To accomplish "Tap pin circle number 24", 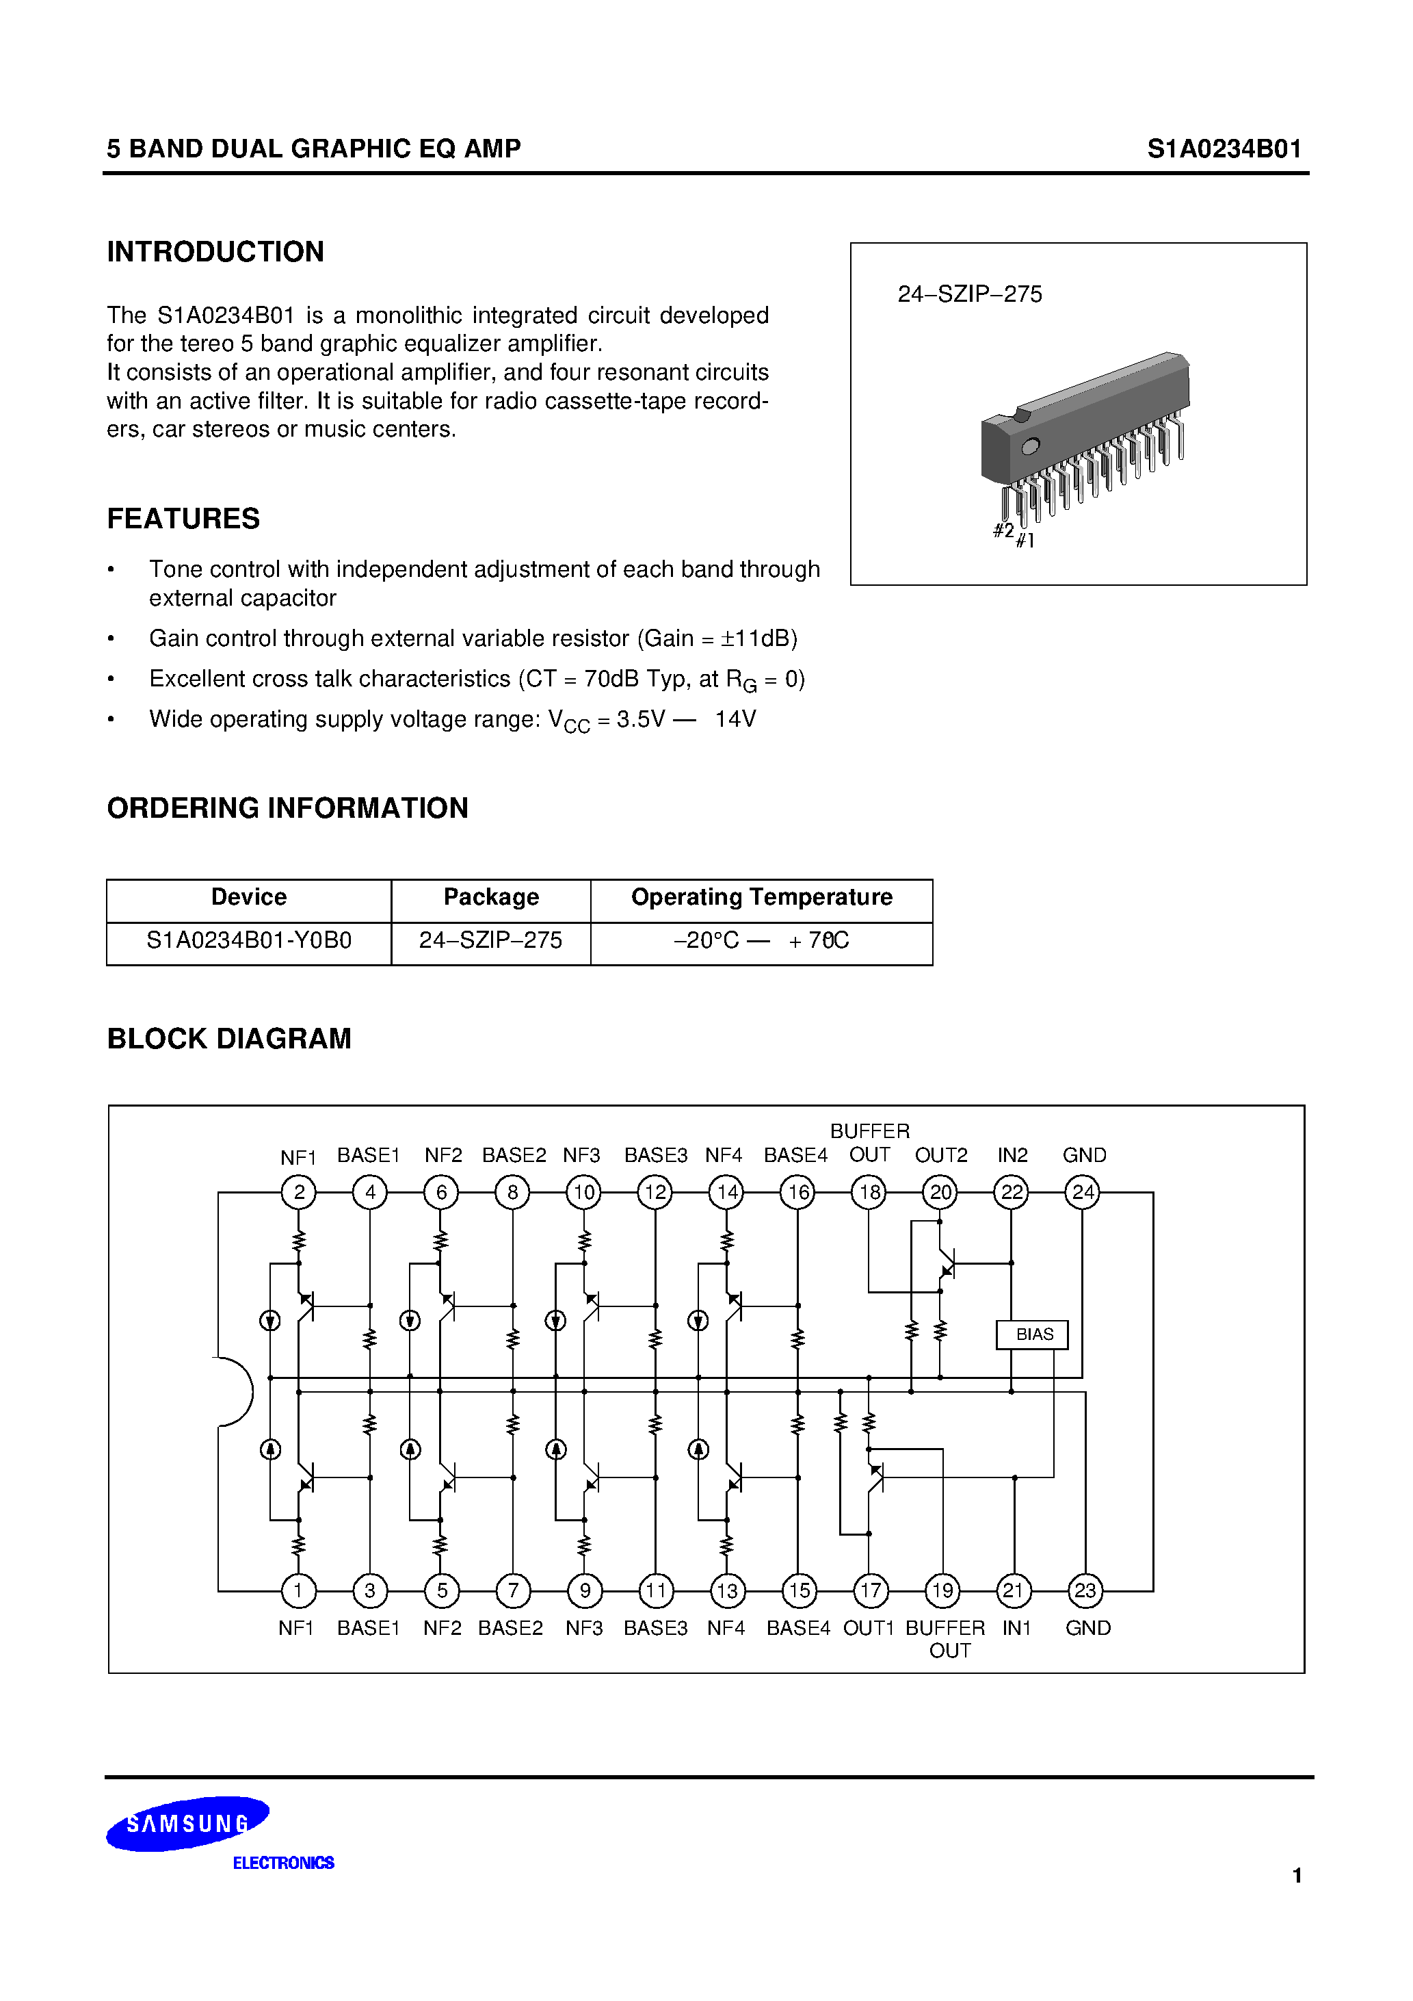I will (1083, 1191).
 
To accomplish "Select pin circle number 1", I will (298, 1590).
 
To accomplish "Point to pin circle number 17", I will (869, 1590).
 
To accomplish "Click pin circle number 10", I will (583, 1191).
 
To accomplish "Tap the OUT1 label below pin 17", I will (868, 1628).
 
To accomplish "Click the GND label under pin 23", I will (1087, 1628).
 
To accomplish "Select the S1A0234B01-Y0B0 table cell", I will (249, 940).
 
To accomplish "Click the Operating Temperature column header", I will (761, 896).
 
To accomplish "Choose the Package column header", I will (491, 896).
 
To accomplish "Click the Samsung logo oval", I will (187, 1823).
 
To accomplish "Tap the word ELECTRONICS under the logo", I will (283, 1863).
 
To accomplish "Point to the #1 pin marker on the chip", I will (1025, 541).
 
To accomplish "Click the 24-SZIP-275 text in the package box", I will (970, 294).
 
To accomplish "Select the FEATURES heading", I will (183, 519).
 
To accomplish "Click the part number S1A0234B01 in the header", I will (1223, 149).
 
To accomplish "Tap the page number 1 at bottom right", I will (1296, 1876).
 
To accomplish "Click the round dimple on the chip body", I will (1031, 446).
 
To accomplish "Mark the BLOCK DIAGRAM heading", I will (228, 1039).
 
